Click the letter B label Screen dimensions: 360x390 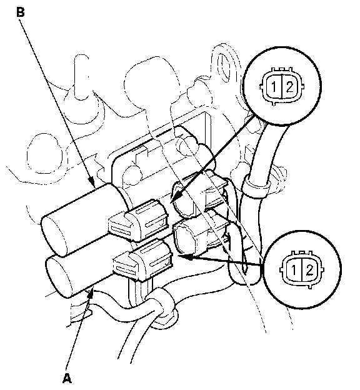pyautogui.click(x=21, y=12)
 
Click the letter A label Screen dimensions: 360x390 pyautogui.click(x=67, y=378)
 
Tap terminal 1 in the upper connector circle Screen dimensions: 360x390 pyautogui.click(x=273, y=87)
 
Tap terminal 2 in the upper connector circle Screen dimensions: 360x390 pyautogui.click(x=289, y=87)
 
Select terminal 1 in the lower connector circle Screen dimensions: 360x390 pyautogui.click(x=294, y=270)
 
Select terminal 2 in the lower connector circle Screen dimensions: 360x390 pyautogui.click(x=310, y=270)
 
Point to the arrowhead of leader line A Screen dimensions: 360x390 pyautogui.click(x=91, y=294)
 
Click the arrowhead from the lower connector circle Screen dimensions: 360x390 pyautogui.click(x=184, y=257)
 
